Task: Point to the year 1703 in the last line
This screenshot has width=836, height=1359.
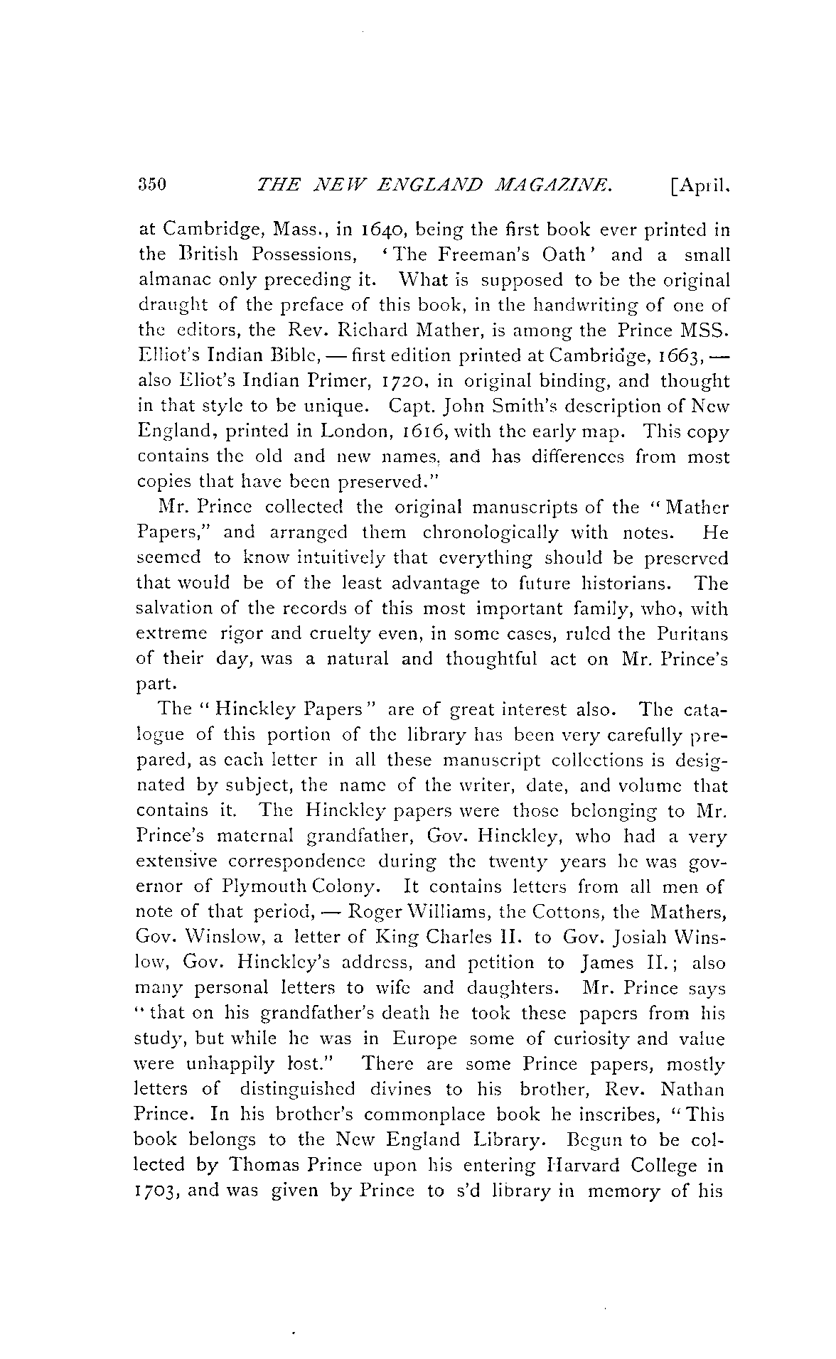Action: (159, 1191)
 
